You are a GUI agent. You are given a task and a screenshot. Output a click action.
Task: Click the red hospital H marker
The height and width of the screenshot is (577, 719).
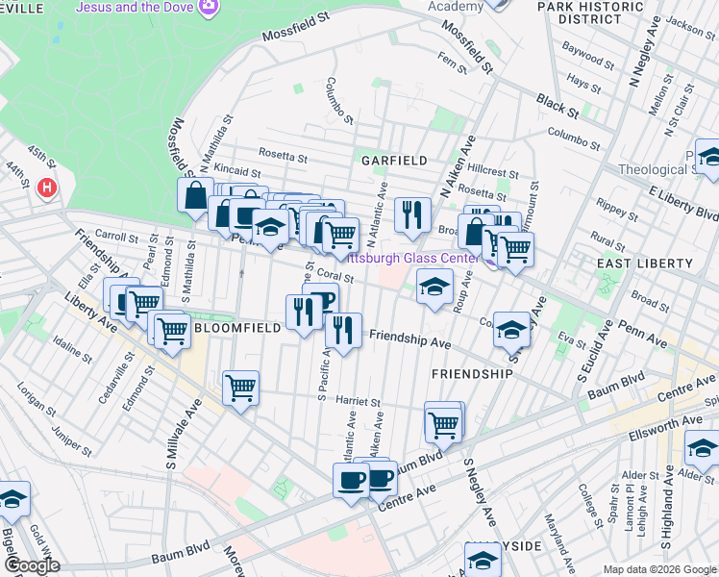click(46, 188)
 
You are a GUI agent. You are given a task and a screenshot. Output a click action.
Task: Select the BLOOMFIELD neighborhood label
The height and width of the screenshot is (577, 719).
click(237, 328)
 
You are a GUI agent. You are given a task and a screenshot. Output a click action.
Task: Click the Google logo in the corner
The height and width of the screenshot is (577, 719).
click(32, 566)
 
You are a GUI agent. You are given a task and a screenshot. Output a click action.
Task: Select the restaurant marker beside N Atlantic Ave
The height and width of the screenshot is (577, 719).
click(412, 215)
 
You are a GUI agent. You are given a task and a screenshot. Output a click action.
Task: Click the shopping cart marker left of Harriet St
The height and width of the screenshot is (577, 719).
click(240, 389)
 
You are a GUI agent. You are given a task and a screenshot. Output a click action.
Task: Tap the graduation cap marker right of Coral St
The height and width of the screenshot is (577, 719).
click(434, 286)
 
